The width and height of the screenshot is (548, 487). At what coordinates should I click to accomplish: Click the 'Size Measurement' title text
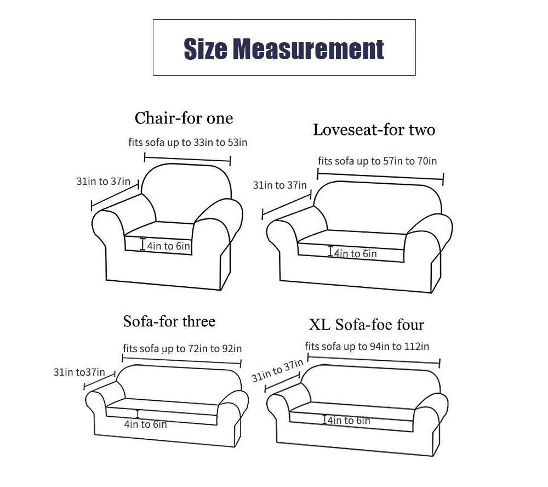pyautogui.click(x=284, y=49)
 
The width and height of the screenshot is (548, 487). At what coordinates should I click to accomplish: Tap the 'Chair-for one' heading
pyautogui.click(x=184, y=118)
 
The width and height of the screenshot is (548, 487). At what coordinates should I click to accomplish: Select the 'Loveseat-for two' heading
pyautogui.click(x=374, y=130)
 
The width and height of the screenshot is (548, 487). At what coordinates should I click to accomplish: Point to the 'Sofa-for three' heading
pyautogui.click(x=169, y=321)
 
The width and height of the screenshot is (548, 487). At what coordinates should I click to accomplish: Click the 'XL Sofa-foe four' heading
pyautogui.click(x=366, y=324)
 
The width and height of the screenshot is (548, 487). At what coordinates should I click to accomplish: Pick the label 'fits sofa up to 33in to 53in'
pyautogui.click(x=187, y=143)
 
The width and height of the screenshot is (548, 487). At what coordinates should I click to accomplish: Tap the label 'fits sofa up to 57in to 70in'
pyautogui.click(x=378, y=161)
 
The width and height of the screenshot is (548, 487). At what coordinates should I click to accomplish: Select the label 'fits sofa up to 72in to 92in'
pyautogui.click(x=182, y=348)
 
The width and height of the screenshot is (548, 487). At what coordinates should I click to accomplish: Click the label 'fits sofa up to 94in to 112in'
pyautogui.click(x=367, y=347)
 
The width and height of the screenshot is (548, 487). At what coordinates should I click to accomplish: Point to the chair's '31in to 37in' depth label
pyautogui.click(x=104, y=181)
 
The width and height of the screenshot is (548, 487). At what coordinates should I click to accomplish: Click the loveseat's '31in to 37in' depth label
pyautogui.click(x=280, y=185)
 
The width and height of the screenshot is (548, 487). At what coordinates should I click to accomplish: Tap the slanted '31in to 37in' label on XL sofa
pyautogui.click(x=277, y=371)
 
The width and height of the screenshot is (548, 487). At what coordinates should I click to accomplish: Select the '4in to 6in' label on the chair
pyautogui.click(x=168, y=246)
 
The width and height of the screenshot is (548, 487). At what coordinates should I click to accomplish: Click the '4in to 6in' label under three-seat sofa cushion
pyautogui.click(x=146, y=424)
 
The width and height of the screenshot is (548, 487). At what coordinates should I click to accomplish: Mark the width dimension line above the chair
pyautogui.click(x=187, y=159)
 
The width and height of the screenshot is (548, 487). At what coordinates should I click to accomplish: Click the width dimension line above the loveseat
pyautogui.click(x=380, y=177)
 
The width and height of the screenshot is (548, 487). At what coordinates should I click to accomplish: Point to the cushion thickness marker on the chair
pyautogui.click(x=142, y=244)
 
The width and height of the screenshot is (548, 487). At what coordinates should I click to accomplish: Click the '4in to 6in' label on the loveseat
pyautogui.click(x=356, y=253)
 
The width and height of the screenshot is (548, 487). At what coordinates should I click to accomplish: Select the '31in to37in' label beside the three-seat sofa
pyautogui.click(x=79, y=372)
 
